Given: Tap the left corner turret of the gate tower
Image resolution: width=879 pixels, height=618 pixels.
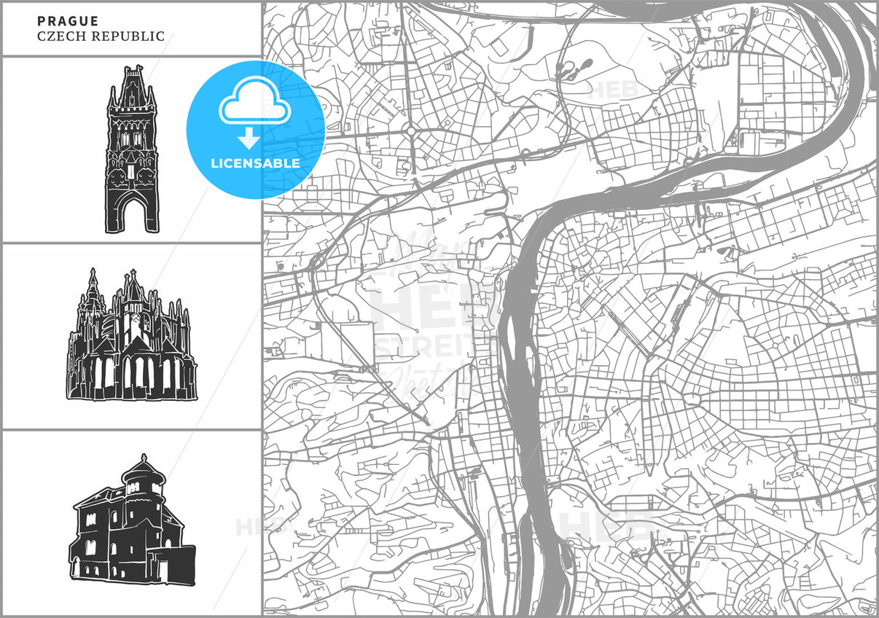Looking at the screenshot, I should [113, 98].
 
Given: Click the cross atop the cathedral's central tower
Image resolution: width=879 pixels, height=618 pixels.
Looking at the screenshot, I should [133, 273].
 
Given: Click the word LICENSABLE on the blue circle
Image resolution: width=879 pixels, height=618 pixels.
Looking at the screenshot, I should [255, 163].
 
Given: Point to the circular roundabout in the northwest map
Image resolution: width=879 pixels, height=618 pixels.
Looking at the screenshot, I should [411, 132].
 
